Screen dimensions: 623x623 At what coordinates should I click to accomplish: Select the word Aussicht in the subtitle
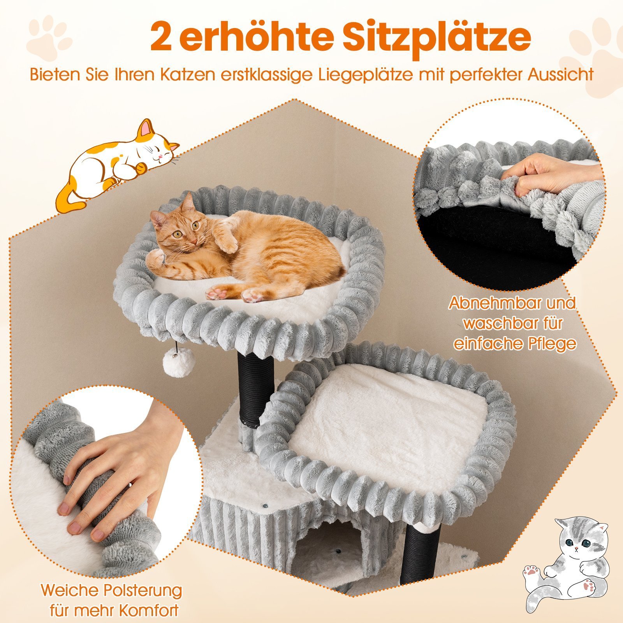tap(561, 74)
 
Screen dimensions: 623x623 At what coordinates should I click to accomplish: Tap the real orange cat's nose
tap(193, 242)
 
